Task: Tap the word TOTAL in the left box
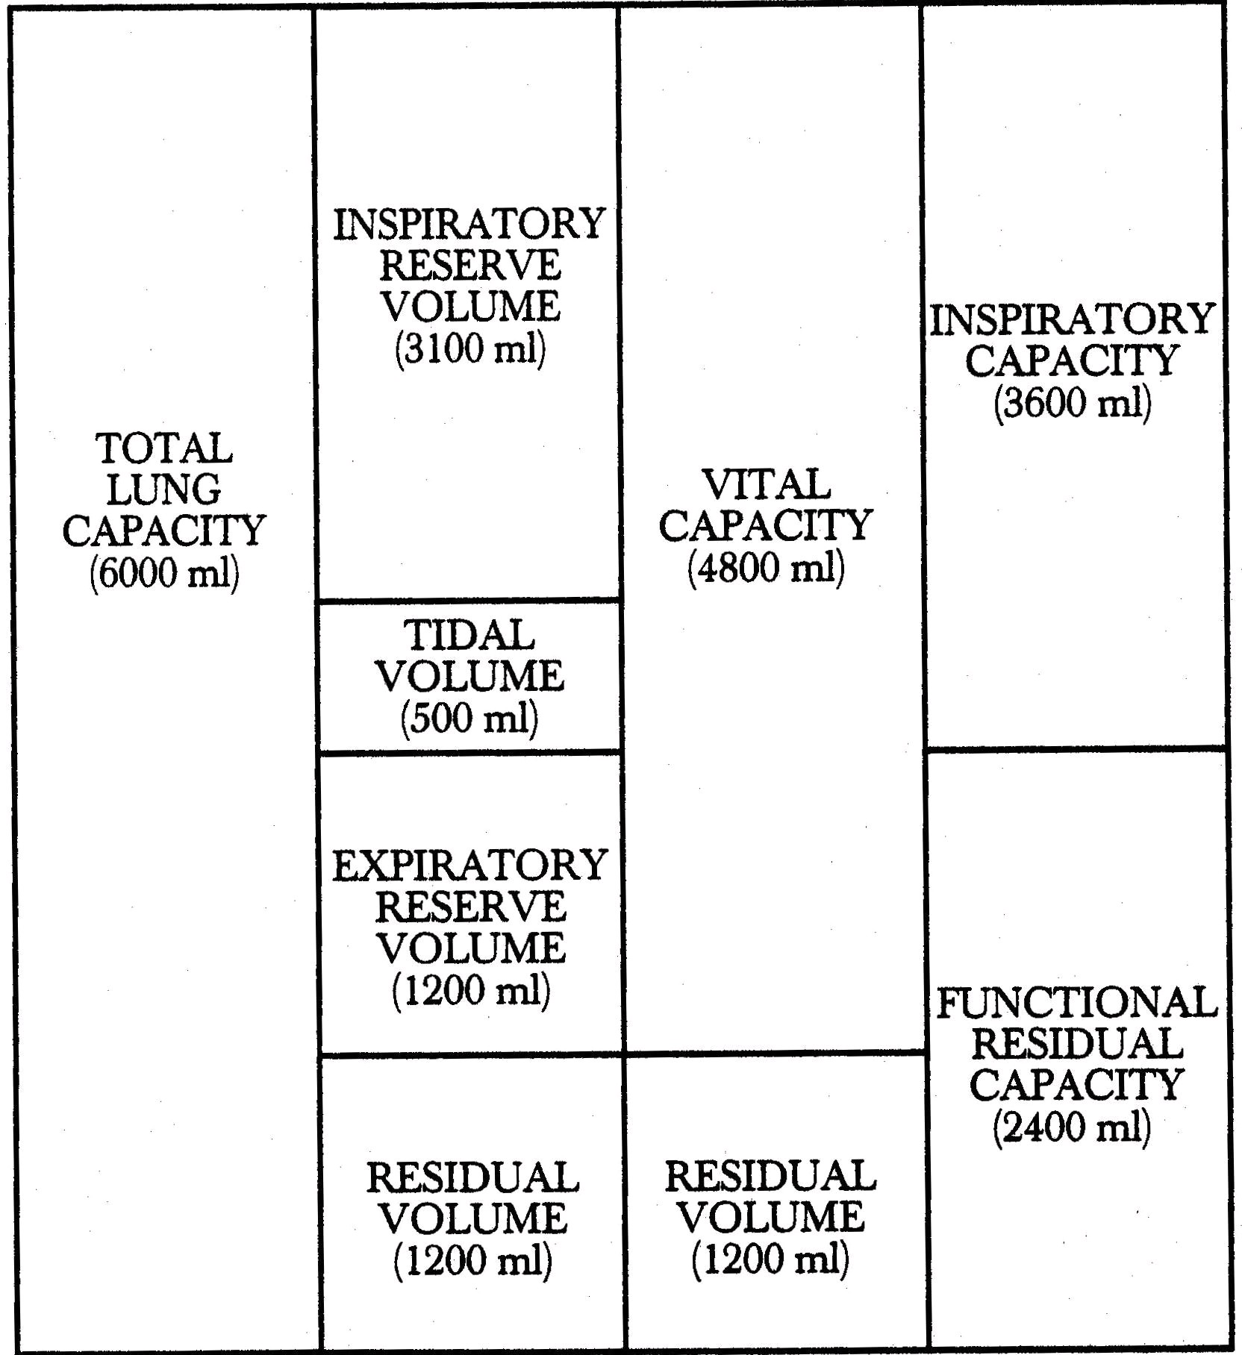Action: pyautogui.click(x=164, y=448)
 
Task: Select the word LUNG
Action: pyautogui.click(x=164, y=490)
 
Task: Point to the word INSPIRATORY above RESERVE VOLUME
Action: pyautogui.click(x=469, y=224)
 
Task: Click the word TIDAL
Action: pyautogui.click(x=469, y=636)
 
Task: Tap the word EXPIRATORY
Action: pyautogui.click(x=470, y=866)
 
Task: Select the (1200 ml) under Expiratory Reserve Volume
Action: pyautogui.click(x=472, y=991)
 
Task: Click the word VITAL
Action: pyautogui.click(x=767, y=484)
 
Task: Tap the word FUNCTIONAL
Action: pyautogui.click(x=1077, y=1002)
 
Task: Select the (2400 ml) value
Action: pyautogui.click(x=1072, y=1127)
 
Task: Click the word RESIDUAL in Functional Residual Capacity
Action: pyautogui.click(x=1077, y=1044)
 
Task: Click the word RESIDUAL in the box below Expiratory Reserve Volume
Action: pyautogui.click(x=472, y=1177)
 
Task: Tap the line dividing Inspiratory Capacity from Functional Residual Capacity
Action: pyautogui.click(x=1076, y=748)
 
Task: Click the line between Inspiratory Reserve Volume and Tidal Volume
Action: pyautogui.click(x=468, y=600)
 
